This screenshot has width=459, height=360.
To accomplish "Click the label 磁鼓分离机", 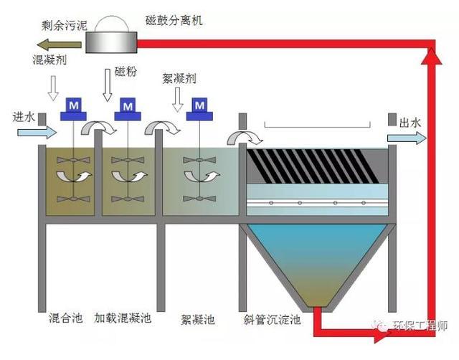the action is [x=174, y=21].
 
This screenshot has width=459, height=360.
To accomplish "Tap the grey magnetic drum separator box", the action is [x=111, y=42].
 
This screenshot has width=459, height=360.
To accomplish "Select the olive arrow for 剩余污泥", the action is [x=59, y=44].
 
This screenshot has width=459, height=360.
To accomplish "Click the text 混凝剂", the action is [x=49, y=60].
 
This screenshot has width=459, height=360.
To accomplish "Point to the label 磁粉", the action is [x=126, y=71].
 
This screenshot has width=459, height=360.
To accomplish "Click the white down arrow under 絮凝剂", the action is [x=177, y=100].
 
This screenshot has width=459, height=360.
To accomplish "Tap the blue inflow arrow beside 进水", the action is [x=37, y=132].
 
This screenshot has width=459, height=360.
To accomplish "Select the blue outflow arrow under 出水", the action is [x=407, y=138].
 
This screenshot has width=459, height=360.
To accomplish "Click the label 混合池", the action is [x=65, y=318].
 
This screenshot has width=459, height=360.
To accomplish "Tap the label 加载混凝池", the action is [x=123, y=318].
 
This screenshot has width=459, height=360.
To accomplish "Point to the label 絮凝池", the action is [x=198, y=319].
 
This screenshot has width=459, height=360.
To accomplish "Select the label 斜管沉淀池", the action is [x=272, y=319].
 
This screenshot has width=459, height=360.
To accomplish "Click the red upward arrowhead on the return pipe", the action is [x=431, y=56].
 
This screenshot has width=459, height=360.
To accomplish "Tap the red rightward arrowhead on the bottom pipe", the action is [x=382, y=338].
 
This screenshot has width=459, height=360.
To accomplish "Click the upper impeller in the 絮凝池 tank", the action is [x=199, y=160].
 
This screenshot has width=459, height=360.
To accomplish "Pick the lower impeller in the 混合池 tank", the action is [x=73, y=199].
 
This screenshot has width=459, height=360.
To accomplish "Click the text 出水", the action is [x=410, y=123].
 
